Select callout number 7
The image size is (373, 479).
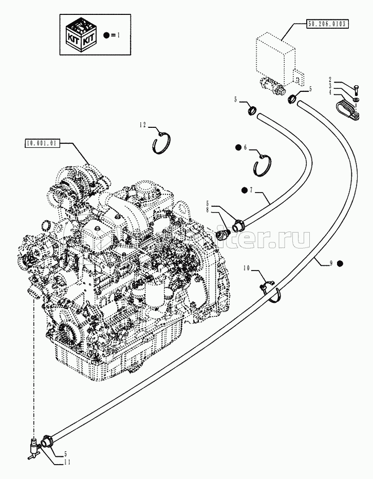(251, 190)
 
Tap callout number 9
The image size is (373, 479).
(331, 263)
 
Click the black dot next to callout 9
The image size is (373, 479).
(340, 263)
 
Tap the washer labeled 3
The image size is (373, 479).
(356, 98)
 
